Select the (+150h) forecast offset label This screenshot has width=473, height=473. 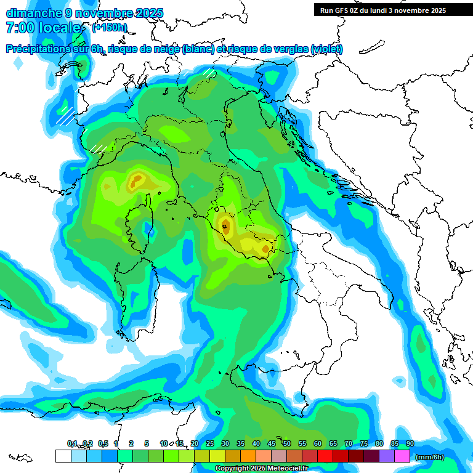tap(109, 28)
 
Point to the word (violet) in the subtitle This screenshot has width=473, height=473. tap(327, 49)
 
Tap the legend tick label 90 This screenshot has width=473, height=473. tap(410, 443)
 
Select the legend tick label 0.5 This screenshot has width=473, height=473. tap(103, 443)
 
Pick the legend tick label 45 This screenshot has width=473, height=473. tap(272, 443)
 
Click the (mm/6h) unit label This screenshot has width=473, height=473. tap(430, 457)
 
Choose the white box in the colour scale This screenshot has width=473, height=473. tap(63, 456)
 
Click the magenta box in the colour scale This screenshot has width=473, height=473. tap(402, 456)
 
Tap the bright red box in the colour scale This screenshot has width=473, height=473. tap(325, 456)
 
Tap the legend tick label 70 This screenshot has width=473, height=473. tap(349, 443)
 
